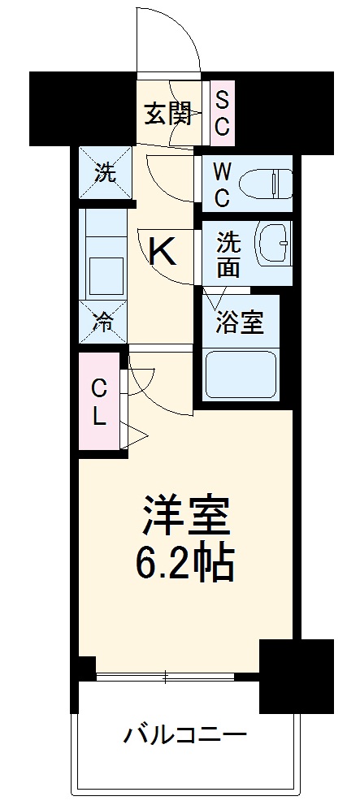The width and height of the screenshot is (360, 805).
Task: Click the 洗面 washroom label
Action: click(228, 254)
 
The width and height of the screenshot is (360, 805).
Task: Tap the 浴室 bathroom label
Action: click(239, 322)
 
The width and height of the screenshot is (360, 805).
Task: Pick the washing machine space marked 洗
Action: click(103, 171)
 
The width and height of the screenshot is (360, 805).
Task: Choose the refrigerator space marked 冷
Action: click(103, 321)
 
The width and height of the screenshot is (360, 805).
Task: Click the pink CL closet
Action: click(98, 401)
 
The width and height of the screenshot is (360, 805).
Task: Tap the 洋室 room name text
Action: click(186, 516)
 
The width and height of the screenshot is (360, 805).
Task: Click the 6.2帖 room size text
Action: click(185, 560)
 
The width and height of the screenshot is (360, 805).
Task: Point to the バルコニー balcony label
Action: click(184, 737)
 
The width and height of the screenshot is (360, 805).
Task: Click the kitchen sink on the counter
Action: click(103, 268)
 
